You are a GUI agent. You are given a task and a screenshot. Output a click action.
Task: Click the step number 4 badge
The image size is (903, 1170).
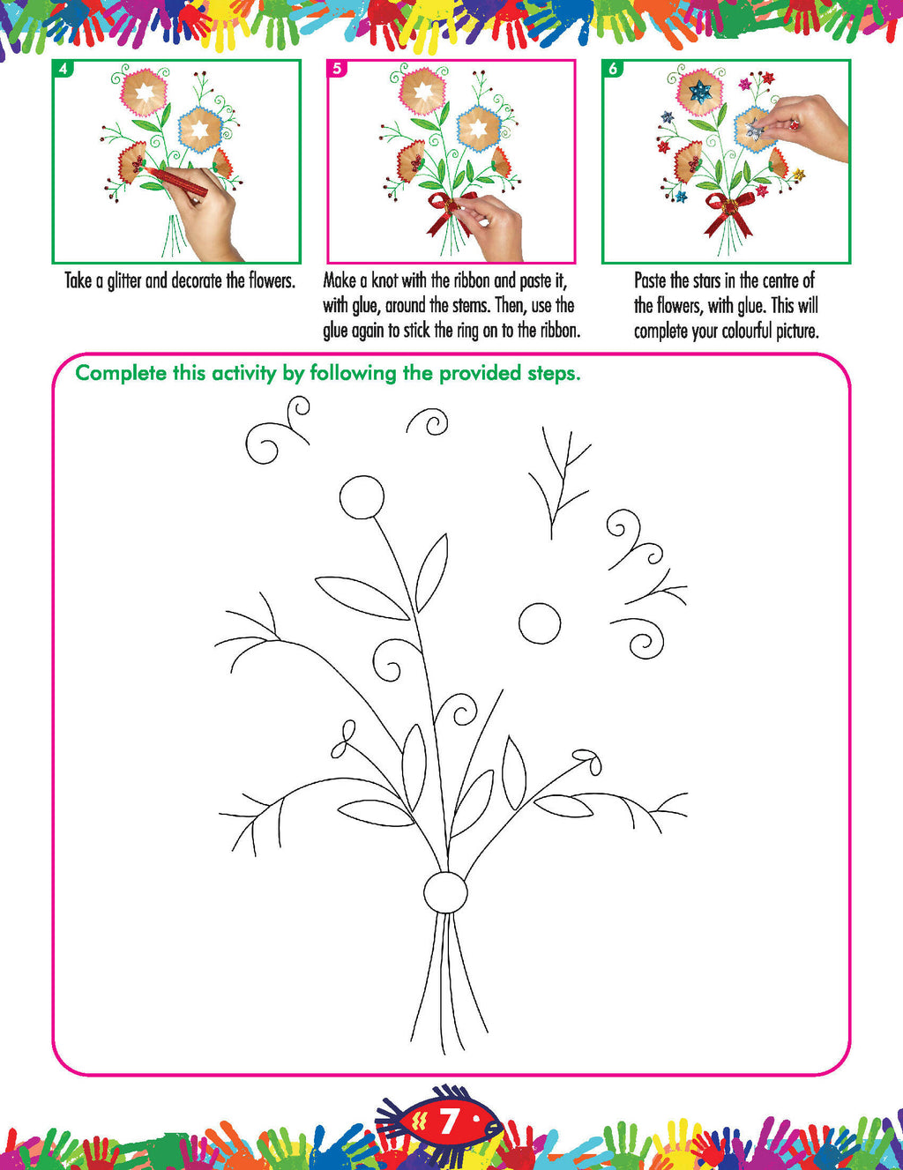(63, 69)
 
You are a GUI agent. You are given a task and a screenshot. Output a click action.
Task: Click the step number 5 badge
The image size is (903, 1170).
(338, 69)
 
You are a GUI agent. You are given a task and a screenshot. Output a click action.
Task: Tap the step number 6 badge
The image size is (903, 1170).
(613, 69)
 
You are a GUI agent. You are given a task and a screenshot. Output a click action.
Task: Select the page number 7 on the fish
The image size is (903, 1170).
(448, 1122)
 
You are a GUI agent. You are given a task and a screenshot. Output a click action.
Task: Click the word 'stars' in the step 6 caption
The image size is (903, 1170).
(706, 281)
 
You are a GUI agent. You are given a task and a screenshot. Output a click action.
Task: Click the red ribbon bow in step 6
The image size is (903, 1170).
(728, 212)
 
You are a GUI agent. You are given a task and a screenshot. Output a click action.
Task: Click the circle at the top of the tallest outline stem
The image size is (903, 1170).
(362, 497)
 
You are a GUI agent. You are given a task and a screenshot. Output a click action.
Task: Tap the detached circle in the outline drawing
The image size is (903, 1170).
(540, 623)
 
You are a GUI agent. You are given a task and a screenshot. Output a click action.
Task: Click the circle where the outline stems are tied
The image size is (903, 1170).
(445, 892)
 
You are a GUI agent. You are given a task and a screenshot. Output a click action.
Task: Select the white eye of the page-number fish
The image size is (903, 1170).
(477, 1118)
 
